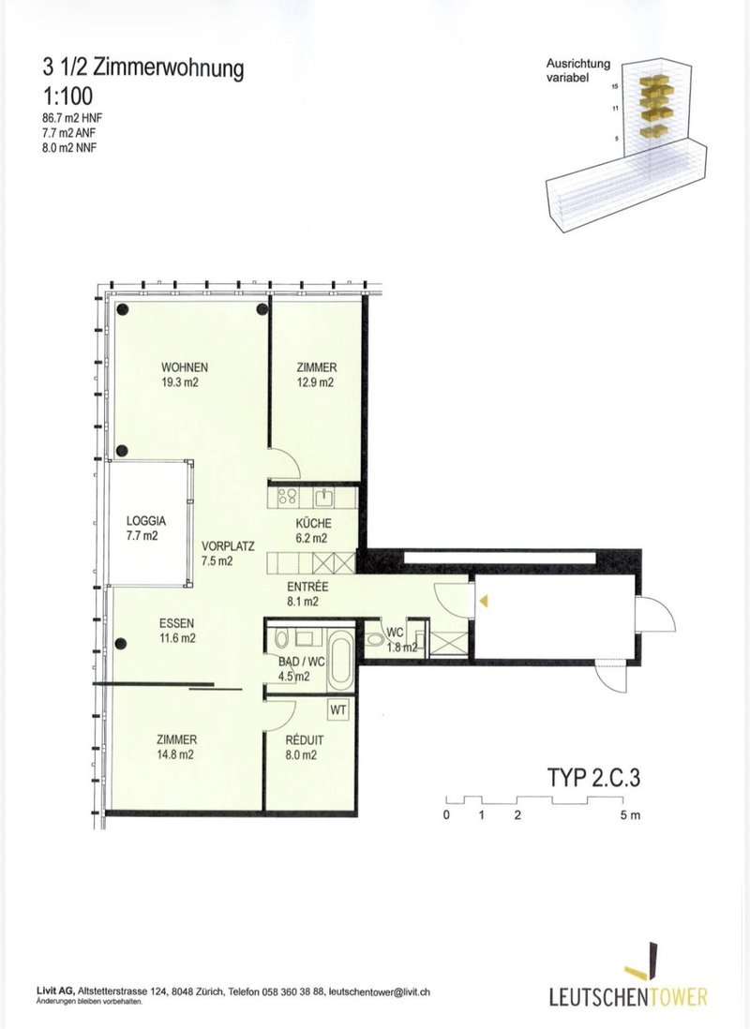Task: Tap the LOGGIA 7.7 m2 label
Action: [146, 529]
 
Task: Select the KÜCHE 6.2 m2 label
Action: [313, 531]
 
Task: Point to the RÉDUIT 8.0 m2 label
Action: [304, 748]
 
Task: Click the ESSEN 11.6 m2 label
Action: [176, 631]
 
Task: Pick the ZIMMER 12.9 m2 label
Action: [316, 375]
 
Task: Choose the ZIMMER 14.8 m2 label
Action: [176, 747]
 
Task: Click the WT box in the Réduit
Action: [338, 710]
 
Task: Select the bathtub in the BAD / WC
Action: [341, 660]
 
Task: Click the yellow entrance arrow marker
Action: [484, 601]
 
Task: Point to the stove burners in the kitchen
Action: [288, 497]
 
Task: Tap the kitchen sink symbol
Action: [323, 498]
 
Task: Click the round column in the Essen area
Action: [121, 644]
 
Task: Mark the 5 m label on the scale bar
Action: [629, 815]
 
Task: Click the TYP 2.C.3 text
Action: [593, 777]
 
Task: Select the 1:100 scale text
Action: [67, 97]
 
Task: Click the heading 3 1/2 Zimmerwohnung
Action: [143, 67]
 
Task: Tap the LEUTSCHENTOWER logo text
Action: [628, 997]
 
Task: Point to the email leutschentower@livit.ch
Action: [379, 992]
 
